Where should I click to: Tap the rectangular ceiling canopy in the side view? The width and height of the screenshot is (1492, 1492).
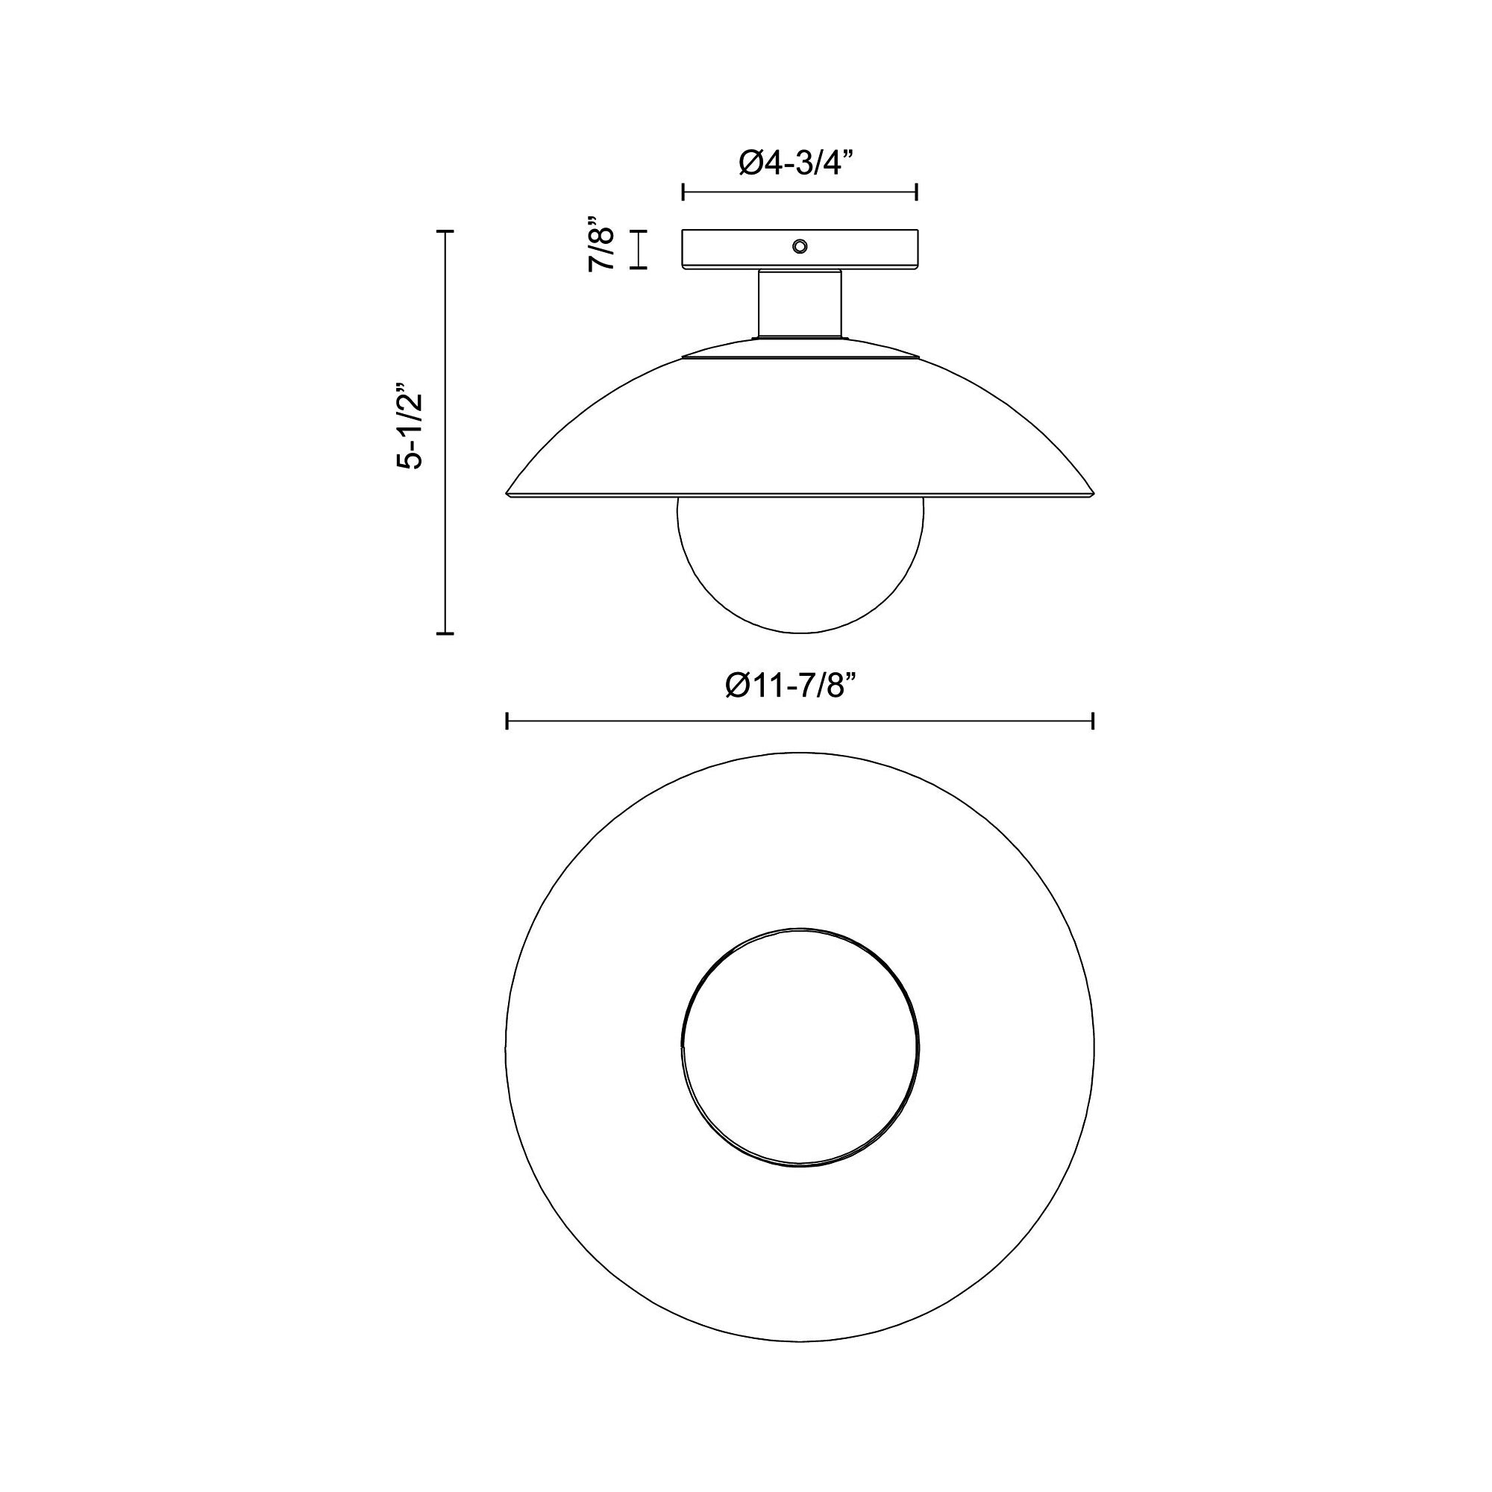point(799,248)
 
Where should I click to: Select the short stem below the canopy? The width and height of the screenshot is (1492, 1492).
point(799,304)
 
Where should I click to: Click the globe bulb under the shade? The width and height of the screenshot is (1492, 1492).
point(799,565)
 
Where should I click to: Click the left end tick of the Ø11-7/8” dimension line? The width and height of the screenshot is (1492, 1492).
point(507,721)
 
